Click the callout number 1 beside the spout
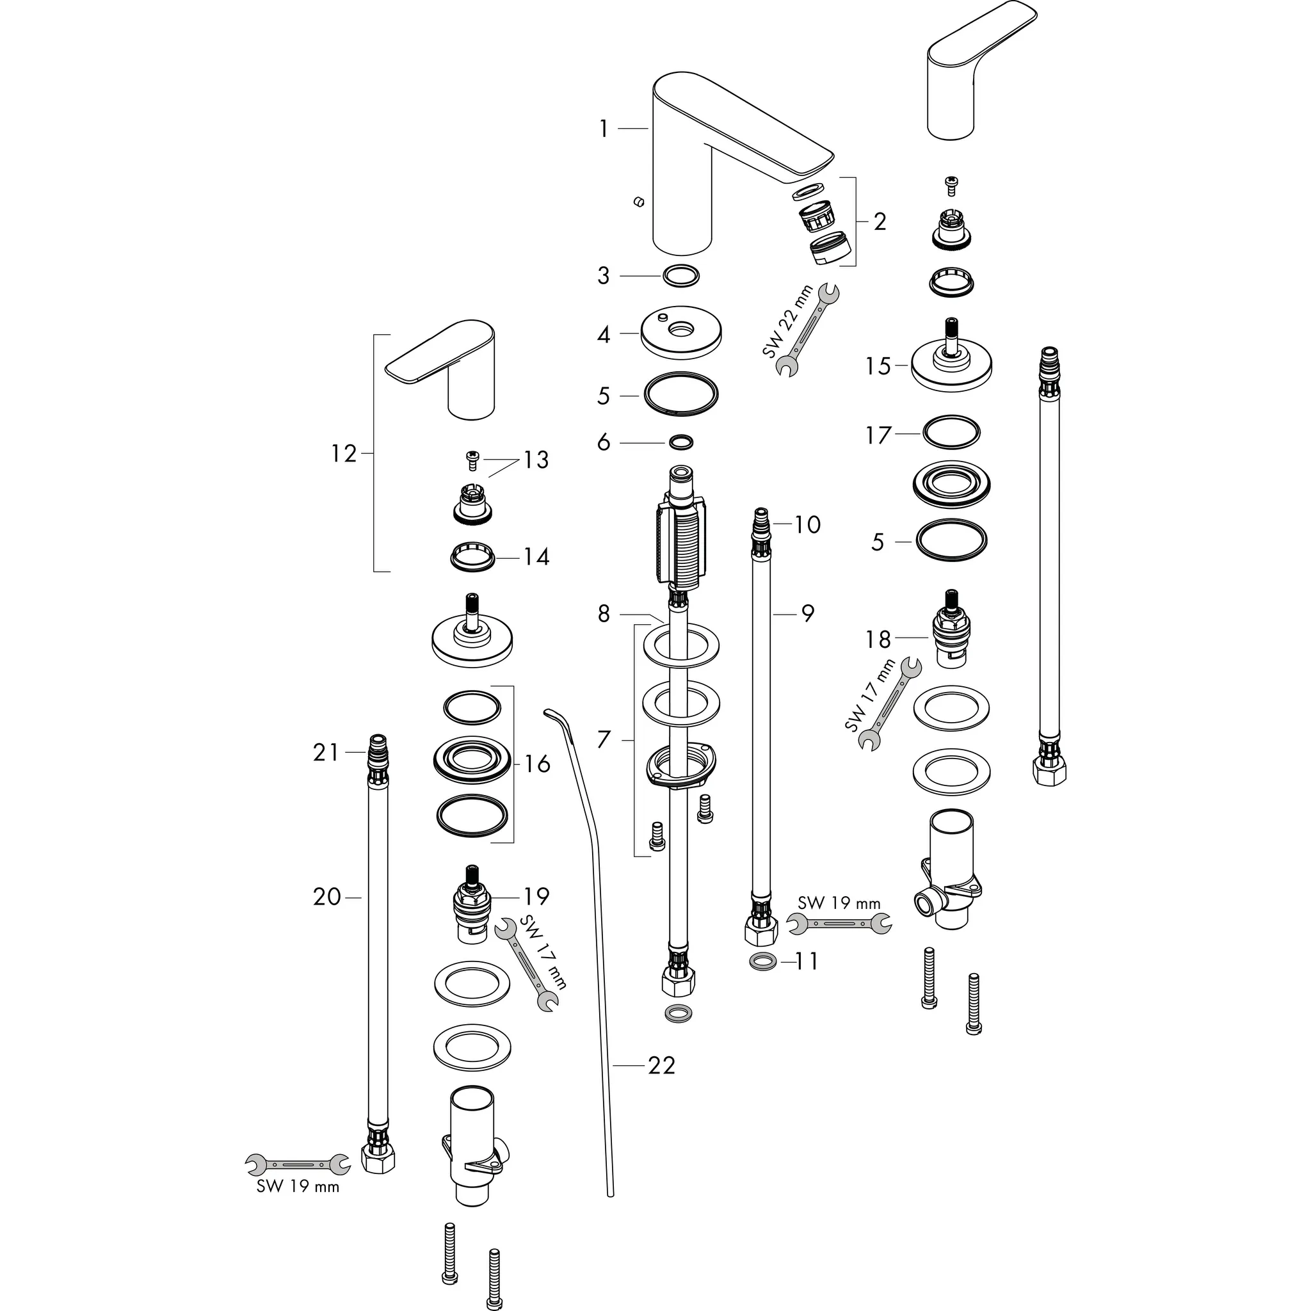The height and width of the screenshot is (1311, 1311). point(604,129)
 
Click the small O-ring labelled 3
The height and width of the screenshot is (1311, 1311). point(680,276)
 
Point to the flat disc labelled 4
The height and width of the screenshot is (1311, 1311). point(680,335)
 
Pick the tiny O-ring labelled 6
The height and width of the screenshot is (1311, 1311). point(680,442)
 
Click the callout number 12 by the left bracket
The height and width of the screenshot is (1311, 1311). point(344,453)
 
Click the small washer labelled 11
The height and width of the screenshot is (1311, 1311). point(764,961)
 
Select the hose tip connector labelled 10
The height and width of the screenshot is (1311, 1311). point(760,523)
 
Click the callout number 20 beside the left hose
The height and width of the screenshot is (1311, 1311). point(327,897)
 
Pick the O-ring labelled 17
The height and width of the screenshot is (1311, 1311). point(951,433)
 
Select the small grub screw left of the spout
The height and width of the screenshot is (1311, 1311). point(637,202)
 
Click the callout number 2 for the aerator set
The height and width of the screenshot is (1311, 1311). point(880,222)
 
